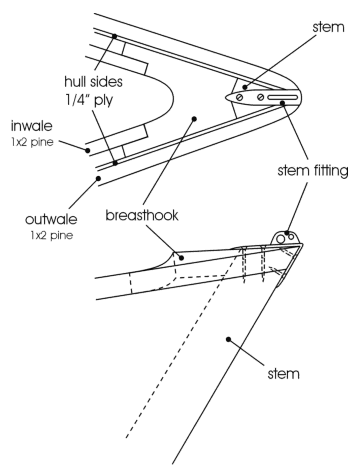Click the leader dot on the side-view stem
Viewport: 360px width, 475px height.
(231, 337)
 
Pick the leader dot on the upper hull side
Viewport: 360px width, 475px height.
(115, 36)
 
